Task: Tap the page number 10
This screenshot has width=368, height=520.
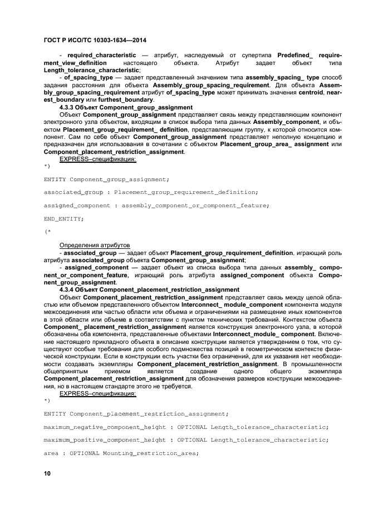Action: [47, 473]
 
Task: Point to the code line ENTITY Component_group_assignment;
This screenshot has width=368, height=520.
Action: [106, 179]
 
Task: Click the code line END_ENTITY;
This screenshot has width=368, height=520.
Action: [64, 219]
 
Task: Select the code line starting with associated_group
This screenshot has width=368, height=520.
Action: [150, 192]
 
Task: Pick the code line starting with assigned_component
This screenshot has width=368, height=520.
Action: [156, 206]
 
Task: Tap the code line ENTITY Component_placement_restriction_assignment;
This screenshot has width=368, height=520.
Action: [136, 414]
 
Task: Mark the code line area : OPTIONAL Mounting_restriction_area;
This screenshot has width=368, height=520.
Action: [121, 453]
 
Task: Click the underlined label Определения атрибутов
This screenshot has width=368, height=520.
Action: [95, 245]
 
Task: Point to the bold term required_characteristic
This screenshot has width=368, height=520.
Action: [101, 56]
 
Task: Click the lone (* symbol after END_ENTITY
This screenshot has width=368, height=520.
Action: [47, 231]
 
